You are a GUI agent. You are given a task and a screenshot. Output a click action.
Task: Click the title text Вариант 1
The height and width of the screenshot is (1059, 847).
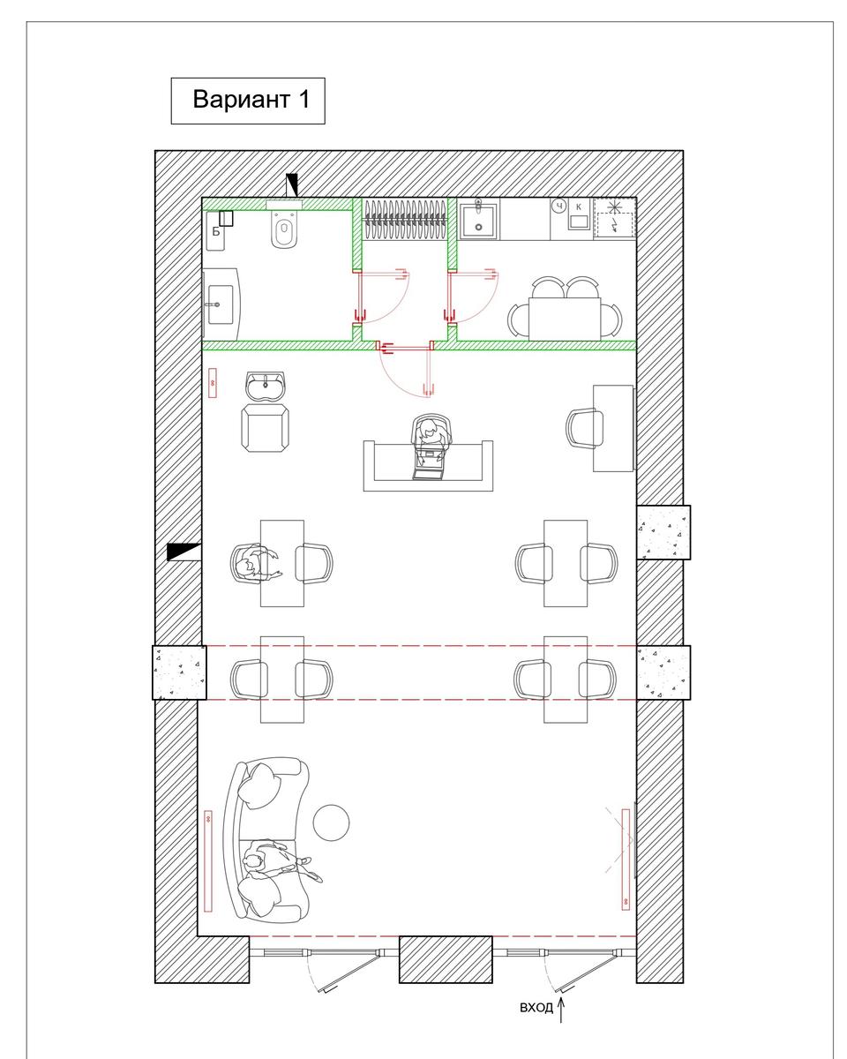251,100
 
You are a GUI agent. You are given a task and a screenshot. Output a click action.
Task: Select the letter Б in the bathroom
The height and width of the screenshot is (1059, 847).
215,231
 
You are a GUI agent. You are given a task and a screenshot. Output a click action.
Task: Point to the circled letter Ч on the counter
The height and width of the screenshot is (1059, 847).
558,206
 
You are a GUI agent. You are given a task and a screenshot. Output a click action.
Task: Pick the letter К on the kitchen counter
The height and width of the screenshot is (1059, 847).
578,207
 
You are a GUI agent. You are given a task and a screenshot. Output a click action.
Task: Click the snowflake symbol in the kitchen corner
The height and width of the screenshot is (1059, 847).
613,207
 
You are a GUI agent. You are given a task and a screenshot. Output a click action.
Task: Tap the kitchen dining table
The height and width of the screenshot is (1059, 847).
564,318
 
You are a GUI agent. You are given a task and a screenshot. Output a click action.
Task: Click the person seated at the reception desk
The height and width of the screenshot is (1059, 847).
430,438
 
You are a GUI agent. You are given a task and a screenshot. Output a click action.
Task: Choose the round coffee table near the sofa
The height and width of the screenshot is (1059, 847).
331,822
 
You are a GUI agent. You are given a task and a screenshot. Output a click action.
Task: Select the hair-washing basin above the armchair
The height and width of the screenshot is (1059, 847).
266,386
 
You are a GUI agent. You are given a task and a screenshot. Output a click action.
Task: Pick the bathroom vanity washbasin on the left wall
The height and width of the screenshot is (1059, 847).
221,304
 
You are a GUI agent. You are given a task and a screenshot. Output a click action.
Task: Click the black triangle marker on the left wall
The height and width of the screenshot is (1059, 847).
184,552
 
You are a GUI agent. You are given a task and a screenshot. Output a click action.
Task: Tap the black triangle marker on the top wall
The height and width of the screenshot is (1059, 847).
292,185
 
